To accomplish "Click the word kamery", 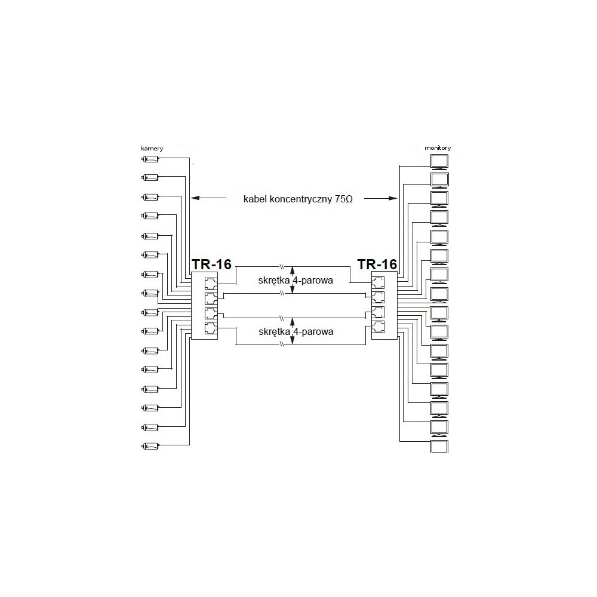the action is click(152, 148).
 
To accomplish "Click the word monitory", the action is click(438, 147).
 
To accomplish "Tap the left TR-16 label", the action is click(211, 264).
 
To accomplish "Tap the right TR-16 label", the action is click(377, 264).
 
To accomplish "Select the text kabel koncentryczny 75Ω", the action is click(298, 199).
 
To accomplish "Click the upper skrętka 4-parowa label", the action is click(296, 280).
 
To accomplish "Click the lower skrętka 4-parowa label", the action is click(296, 331).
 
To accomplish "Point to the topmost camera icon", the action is click(150, 159).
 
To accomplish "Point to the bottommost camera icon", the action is click(150, 445).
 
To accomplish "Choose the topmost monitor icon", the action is click(439, 161).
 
